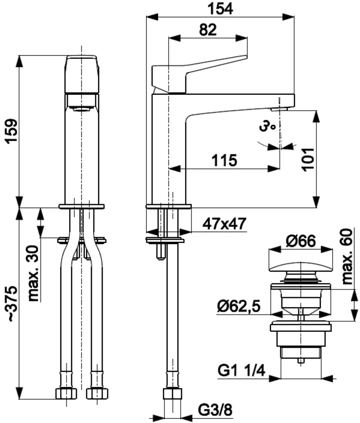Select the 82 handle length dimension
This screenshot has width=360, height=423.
tap(208, 30)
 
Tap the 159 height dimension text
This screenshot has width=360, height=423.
tap(12, 131)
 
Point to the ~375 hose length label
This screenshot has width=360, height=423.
tap(12, 304)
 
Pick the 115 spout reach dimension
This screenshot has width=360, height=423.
tap(224, 161)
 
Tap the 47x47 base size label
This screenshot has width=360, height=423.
tap(224, 224)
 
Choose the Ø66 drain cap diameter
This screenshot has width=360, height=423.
tap(301, 241)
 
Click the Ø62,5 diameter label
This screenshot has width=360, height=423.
tap(239, 307)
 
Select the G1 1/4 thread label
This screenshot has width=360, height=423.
tap(241, 371)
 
